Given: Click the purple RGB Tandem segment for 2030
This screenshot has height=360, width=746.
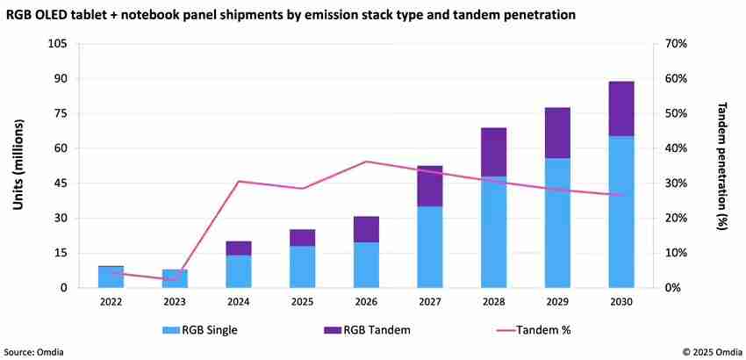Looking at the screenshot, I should [x=621, y=108].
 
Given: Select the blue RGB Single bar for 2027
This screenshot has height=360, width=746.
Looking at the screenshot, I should [x=429, y=247].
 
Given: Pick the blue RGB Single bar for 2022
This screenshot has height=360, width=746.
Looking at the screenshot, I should [x=111, y=277].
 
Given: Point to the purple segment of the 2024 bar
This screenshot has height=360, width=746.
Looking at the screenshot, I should [x=238, y=248].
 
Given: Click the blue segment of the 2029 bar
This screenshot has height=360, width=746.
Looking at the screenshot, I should [x=557, y=223].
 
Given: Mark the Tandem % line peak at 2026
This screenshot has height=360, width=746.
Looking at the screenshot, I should [x=365, y=162].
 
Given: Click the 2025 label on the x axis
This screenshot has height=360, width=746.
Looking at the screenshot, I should [x=302, y=301].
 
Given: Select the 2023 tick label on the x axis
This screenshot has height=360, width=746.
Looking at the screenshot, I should [x=175, y=301].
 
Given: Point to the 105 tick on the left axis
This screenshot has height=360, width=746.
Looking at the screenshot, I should [x=59, y=44].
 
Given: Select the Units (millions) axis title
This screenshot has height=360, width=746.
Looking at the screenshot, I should [x=18, y=165].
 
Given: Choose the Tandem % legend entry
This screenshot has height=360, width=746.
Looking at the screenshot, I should [x=531, y=329].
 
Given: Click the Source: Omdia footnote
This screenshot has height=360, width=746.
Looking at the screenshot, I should [x=33, y=351].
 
